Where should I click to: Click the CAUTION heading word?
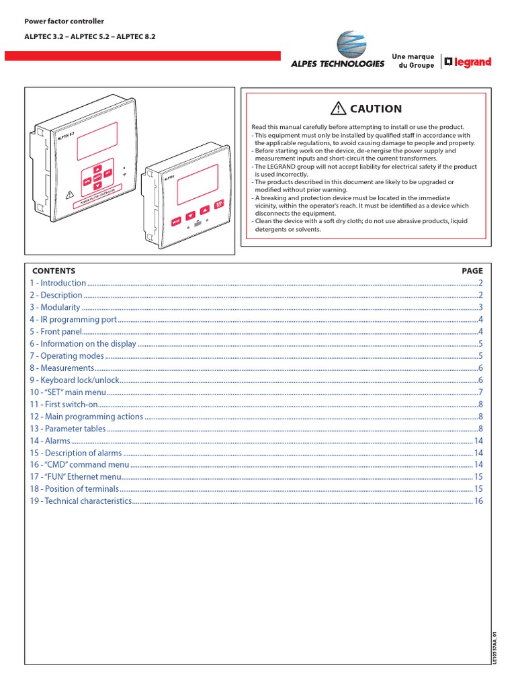[376, 109]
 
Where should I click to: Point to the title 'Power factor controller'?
[64, 21]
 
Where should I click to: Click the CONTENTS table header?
[54, 271]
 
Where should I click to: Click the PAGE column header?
[472, 271]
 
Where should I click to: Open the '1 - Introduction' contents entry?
[58, 283]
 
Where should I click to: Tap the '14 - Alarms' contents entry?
[50, 441]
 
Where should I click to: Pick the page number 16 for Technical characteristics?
[478, 501]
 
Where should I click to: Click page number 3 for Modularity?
[481, 307]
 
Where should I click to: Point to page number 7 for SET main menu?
[481, 392]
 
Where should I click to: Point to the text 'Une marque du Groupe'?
[413, 62]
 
